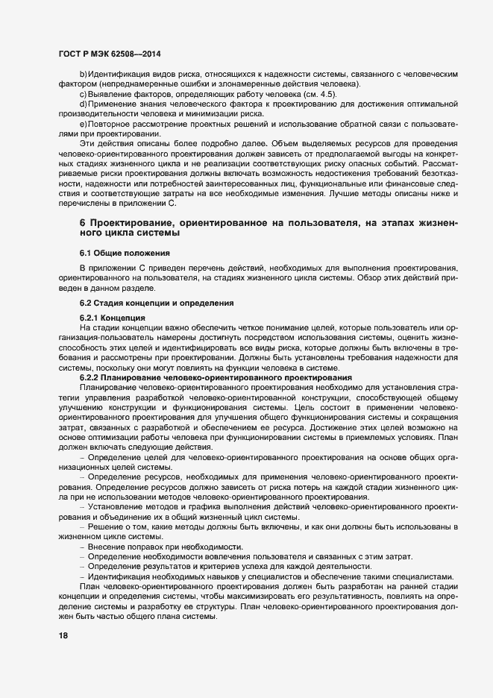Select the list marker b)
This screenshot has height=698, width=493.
click(x=84, y=76)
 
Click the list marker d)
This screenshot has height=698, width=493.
click(x=84, y=104)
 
